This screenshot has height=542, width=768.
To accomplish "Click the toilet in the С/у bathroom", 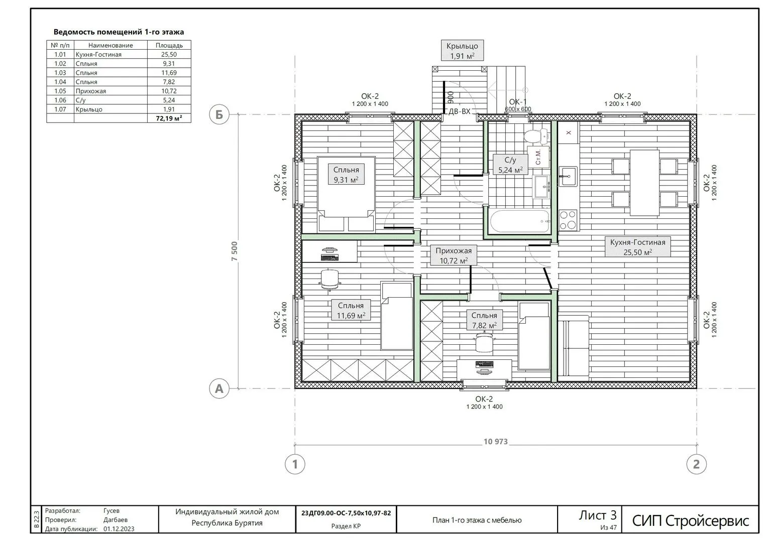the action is tap(536, 136).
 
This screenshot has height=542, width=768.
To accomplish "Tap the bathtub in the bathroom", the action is tap(520, 221).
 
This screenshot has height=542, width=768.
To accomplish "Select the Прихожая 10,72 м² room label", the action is tap(454, 255).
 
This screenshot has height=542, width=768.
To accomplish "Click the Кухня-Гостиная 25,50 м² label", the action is tap(637, 247).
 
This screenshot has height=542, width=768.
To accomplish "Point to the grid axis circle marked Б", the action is tap(218, 114).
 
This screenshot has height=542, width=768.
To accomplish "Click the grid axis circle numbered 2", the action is tap(696, 464).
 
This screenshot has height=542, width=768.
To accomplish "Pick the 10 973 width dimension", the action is tap(495, 442).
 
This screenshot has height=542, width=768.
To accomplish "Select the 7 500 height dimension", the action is tap(235, 251).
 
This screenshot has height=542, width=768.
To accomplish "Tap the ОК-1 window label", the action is tap(518, 102).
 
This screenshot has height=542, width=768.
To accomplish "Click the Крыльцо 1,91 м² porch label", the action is tap(462, 51).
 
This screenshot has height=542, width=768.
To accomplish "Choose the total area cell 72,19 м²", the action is tap(169, 118).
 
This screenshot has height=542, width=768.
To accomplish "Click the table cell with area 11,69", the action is tap(169, 73).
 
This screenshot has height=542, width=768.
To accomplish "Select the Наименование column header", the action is tap(111, 45).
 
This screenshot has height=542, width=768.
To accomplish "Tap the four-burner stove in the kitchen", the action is tap(568, 220).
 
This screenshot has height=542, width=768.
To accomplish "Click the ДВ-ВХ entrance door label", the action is tap(460, 111).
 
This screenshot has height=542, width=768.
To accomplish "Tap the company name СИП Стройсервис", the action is tap(691, 521).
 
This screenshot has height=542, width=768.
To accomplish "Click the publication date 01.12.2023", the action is tap(119, 528).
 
